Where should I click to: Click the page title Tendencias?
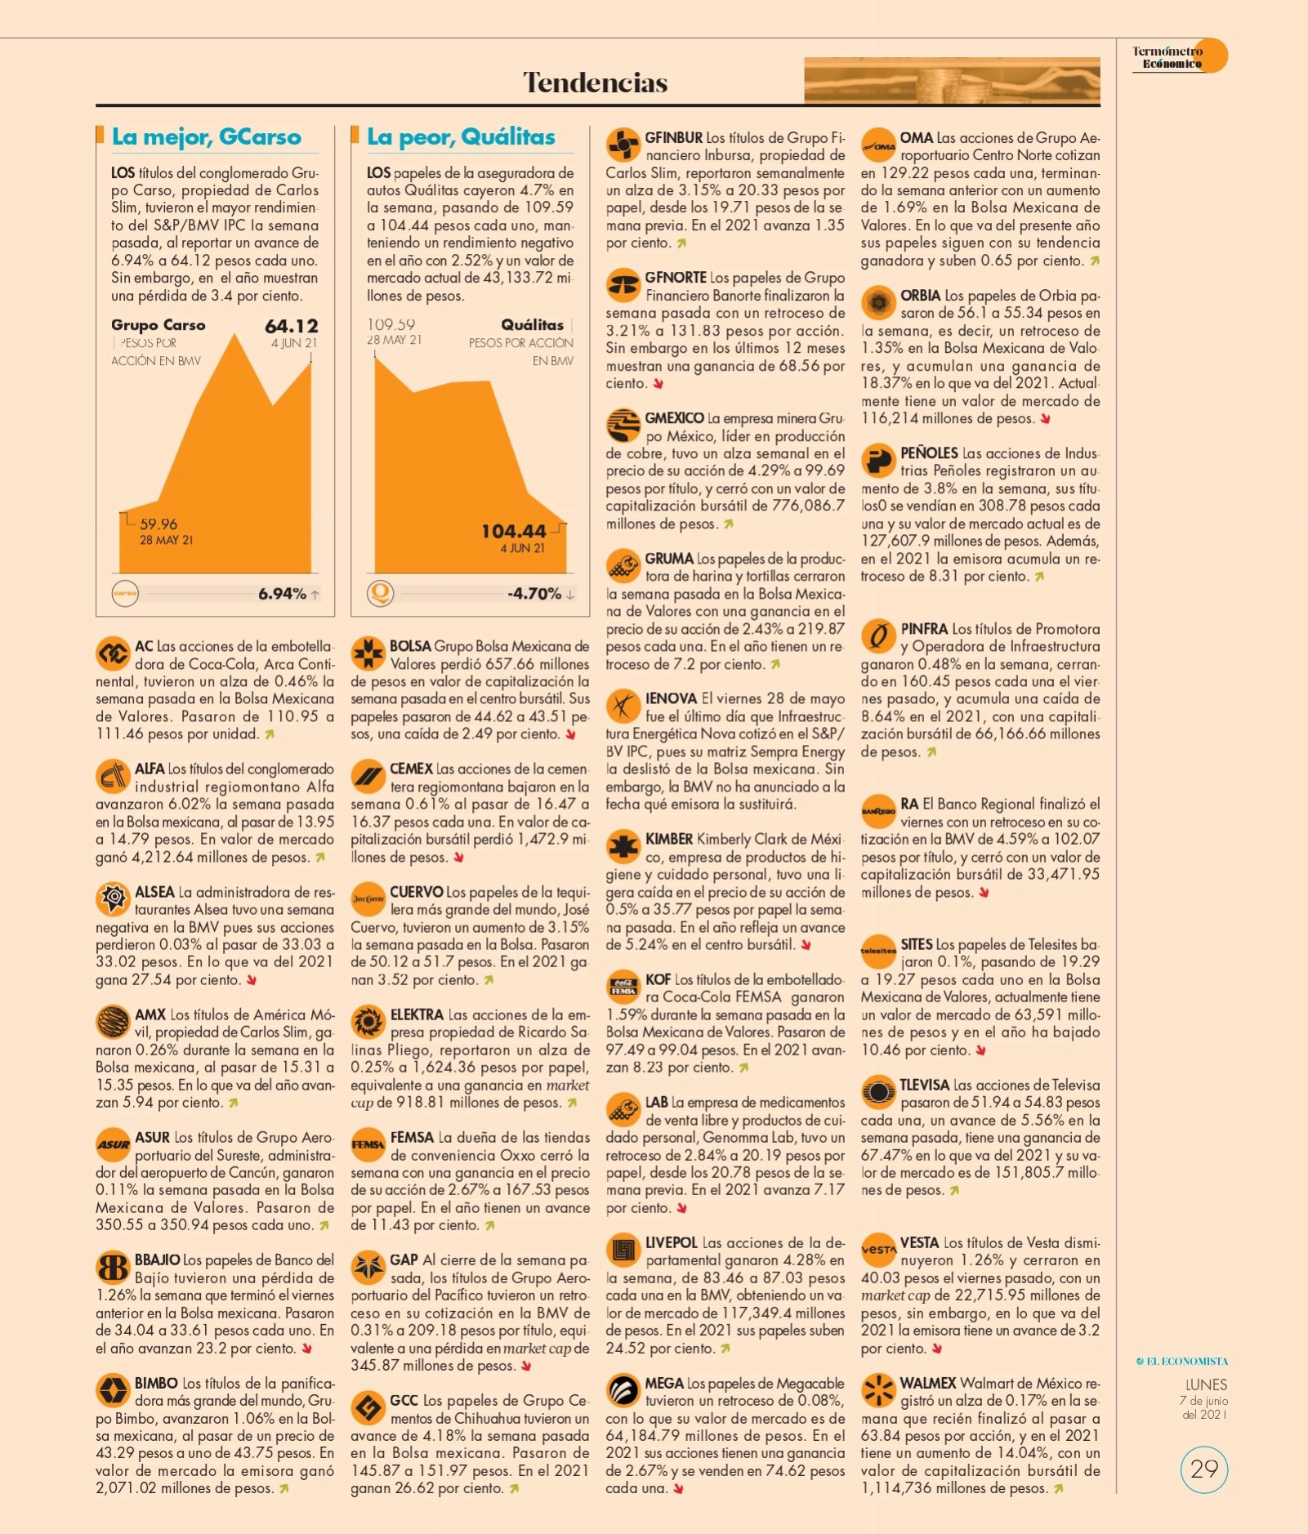(595, 82)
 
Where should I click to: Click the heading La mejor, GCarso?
(207, 136)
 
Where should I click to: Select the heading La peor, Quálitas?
(461, 136)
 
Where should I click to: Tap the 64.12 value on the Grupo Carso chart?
(292, 326)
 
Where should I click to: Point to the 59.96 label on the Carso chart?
(158, 524)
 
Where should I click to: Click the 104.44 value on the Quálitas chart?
(513, 531)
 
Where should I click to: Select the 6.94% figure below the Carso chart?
(282, 594)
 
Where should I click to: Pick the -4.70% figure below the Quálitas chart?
(534, 594)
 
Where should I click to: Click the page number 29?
(1204, 1469)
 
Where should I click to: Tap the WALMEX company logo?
(878, 1390)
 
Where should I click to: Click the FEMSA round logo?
(368, 1144)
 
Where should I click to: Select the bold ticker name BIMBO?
(156, 1383)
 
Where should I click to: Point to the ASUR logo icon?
(113, 1144)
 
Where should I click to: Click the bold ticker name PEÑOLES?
(929, 453)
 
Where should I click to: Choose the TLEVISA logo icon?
(878, 1092)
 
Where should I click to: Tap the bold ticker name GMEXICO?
(674, 417)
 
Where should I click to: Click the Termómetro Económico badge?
(1180, 56)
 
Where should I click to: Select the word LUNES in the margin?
(1206, 1384)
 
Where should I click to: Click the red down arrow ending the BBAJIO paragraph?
(307, 1349)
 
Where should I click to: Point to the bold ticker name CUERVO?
(417, 892)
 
